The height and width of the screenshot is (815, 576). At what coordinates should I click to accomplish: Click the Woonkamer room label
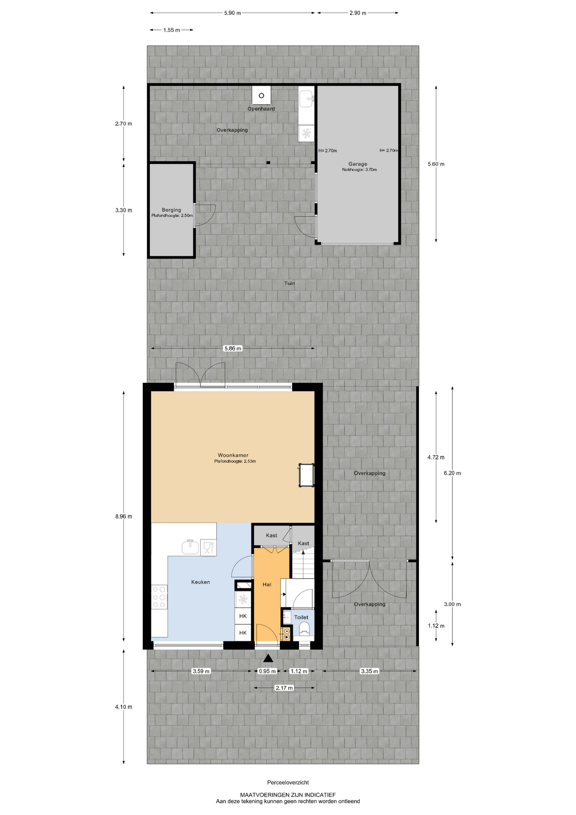click(233, 455)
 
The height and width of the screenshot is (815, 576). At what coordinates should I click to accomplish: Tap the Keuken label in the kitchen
click(200, 582)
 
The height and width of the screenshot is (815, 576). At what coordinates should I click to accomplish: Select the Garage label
click(358, 164)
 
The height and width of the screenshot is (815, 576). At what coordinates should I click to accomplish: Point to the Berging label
click(171, 210)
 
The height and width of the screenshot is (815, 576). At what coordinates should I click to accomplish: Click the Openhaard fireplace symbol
click(261, 96)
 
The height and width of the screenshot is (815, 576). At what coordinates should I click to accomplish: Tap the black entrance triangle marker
click(268, 658)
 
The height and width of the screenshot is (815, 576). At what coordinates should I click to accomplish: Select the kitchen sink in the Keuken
click(190, 547)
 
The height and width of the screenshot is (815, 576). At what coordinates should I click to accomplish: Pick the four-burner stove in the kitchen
click(159, 597)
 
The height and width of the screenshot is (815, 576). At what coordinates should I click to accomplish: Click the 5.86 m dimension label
click(232, 348)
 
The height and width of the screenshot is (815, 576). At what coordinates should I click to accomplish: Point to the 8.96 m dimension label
click(123, 517)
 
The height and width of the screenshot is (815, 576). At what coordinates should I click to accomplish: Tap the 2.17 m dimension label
click(284, 688)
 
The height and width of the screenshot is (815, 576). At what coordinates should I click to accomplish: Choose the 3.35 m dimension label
click(369, 671)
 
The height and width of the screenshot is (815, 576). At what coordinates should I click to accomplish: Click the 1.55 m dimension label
click(171, 30)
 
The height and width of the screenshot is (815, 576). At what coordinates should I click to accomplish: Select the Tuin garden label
click(289, 283)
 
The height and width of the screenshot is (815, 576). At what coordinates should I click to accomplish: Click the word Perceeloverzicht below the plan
click(288, 782)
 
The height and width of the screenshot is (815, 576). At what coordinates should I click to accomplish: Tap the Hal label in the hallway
click(267, 585)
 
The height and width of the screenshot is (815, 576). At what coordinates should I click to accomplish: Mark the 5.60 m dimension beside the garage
click(436, 164)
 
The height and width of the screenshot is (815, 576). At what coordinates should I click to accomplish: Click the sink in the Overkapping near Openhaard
click(306, 99)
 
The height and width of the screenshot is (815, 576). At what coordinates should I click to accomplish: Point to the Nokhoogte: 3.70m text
click(359, 170)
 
